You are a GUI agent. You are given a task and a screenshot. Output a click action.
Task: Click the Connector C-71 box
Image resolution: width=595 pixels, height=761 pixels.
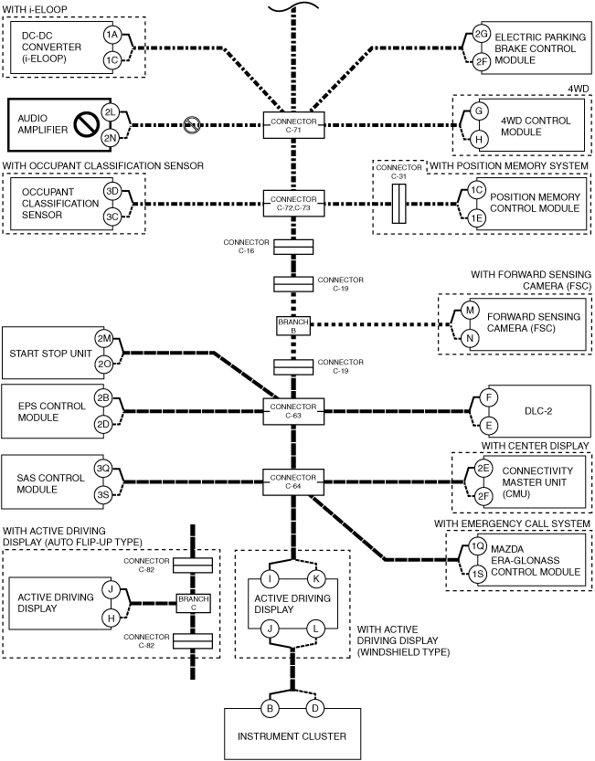[293, 125]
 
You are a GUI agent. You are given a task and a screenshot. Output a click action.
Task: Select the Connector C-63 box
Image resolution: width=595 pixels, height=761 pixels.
[293, 411]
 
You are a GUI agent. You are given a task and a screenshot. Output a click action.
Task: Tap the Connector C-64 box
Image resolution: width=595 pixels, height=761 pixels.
[293, 482]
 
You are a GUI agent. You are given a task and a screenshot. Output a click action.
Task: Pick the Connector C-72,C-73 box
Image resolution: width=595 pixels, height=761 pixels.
[293, 203]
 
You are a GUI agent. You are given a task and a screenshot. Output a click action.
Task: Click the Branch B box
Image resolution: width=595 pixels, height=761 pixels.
[293, 325]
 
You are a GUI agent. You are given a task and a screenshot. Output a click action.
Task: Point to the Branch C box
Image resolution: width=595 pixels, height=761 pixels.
[194, 603]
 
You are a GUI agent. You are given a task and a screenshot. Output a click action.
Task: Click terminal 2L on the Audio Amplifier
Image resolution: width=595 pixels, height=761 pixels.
[111, 112]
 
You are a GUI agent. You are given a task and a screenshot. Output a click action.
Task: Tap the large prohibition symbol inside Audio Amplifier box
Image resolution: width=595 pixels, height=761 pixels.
[87, 125]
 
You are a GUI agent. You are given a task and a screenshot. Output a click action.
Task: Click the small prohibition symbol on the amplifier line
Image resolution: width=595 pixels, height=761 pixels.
[192, 125]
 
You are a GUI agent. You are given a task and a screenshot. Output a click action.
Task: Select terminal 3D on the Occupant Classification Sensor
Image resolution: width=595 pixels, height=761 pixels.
[112, 191]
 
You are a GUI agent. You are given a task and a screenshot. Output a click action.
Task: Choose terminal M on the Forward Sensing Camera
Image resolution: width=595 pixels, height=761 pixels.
[470, 310]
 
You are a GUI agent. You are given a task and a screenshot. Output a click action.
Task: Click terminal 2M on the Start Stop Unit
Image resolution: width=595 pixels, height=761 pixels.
[104, 339]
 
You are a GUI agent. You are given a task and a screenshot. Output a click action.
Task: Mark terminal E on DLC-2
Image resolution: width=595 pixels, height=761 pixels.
[489, 426]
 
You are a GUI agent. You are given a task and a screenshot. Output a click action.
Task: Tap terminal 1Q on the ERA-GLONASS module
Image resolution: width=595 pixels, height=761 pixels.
[478, 546]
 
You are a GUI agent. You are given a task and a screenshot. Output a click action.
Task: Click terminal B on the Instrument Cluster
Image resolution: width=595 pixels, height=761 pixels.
[270, 709]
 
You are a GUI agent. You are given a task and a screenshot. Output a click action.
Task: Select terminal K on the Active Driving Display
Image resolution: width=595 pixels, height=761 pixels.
[315, 579]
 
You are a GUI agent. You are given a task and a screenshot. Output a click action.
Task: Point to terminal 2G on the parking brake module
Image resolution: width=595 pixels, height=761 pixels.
[481, 34]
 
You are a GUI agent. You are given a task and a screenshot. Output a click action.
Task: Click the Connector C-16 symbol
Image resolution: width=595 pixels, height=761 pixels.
[293, 247]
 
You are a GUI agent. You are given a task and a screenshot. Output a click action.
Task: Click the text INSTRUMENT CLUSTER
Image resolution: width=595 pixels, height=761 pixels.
[292, 736]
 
